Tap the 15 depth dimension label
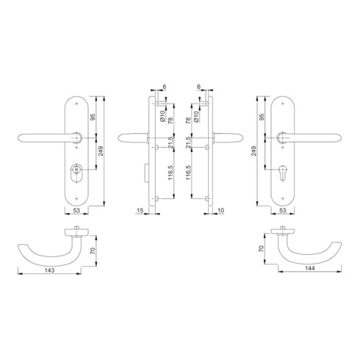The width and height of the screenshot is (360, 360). (140, 211)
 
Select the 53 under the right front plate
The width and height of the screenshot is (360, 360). (283, 211)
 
